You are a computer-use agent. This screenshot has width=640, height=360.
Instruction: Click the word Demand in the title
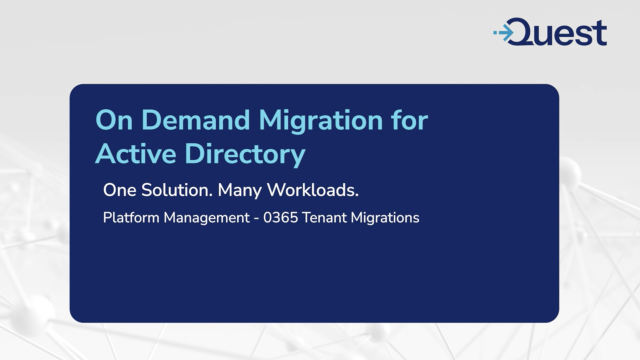178,121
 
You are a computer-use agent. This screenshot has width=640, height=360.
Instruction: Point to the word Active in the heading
134,154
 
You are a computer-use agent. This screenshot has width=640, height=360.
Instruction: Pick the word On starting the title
111,121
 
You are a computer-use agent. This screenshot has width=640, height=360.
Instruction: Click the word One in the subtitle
120,189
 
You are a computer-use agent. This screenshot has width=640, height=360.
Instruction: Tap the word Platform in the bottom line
129,218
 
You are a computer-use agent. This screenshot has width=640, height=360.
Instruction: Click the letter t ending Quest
599,32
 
